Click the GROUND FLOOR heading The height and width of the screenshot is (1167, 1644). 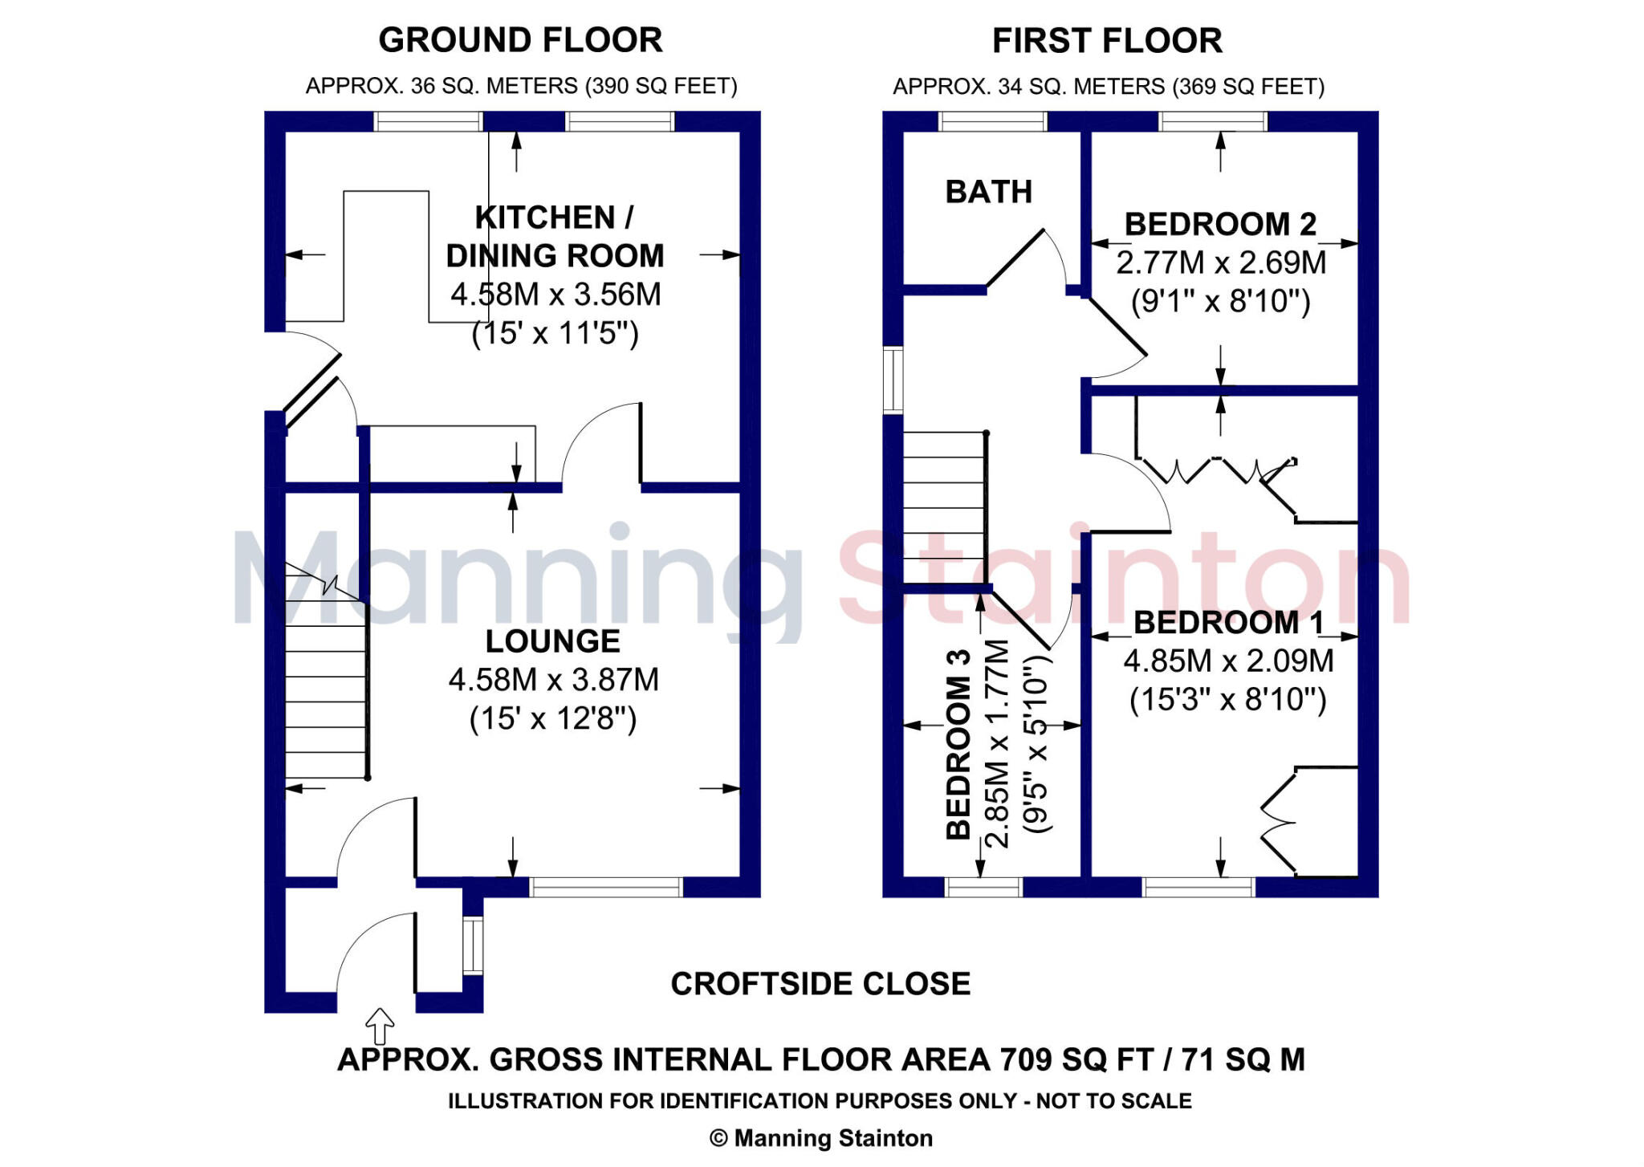520,40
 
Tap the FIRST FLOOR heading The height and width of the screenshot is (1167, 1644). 1107,41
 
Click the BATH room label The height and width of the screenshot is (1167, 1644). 988,192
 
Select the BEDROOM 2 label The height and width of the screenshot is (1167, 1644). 1219,224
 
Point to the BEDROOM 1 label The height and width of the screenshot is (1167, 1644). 1228,623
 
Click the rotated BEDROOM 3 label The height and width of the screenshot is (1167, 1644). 958,745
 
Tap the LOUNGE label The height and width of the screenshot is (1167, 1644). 552,641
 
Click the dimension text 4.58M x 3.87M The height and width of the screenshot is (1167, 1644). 553,680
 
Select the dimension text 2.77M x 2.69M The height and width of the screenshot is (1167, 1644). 1220,262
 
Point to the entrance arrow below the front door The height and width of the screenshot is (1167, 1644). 380,1026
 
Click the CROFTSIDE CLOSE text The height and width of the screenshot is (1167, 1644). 820,984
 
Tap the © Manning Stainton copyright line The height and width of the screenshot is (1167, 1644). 820,1138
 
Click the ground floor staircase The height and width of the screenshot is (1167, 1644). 325,690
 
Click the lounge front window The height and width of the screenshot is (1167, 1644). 606,887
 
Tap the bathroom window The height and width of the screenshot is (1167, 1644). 993,121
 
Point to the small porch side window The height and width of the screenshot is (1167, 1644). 473,945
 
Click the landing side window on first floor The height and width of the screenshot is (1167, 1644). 893,380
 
